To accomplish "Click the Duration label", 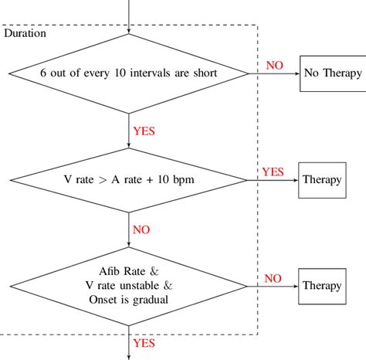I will coord(25,33).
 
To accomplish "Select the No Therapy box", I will coord(332,73).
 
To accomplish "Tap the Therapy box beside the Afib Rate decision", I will coord(322,285).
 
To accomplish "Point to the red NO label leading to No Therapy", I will coord(274,66).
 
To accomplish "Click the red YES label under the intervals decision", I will coord(144,131).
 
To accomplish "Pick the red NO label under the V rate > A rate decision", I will coord(141,229).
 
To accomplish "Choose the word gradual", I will coord(151,299).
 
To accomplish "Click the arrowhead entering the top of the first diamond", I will coord(129,31).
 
